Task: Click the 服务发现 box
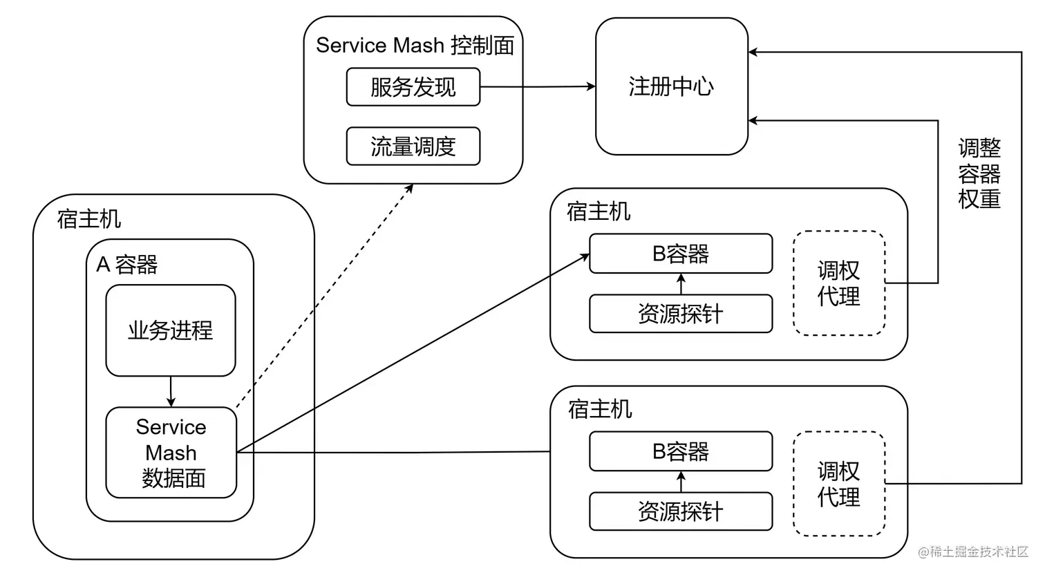tap(413, 87)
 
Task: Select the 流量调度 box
tap(413, 147)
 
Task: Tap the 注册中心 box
tap(671, 86)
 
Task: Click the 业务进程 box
tap(170, 330)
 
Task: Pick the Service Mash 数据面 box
tap(171, 453)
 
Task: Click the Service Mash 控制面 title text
tap(415, 46)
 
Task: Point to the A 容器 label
tap(127, 264)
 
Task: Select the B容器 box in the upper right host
tap(680, 254)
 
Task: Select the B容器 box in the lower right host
tap(680, 451)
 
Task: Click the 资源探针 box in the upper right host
tap(680, 314)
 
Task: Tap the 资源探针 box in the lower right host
tap(680, 511)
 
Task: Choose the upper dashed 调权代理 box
tap(838, 283)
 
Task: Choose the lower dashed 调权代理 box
tap(838, 484)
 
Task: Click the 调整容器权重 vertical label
tap(979, 173)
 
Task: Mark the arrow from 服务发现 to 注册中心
tap(537, 87)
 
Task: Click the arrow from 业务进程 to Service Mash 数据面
tap(171, 392)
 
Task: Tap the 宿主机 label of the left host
tap(89, 219)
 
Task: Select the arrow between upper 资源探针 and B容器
tap(681, 284)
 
